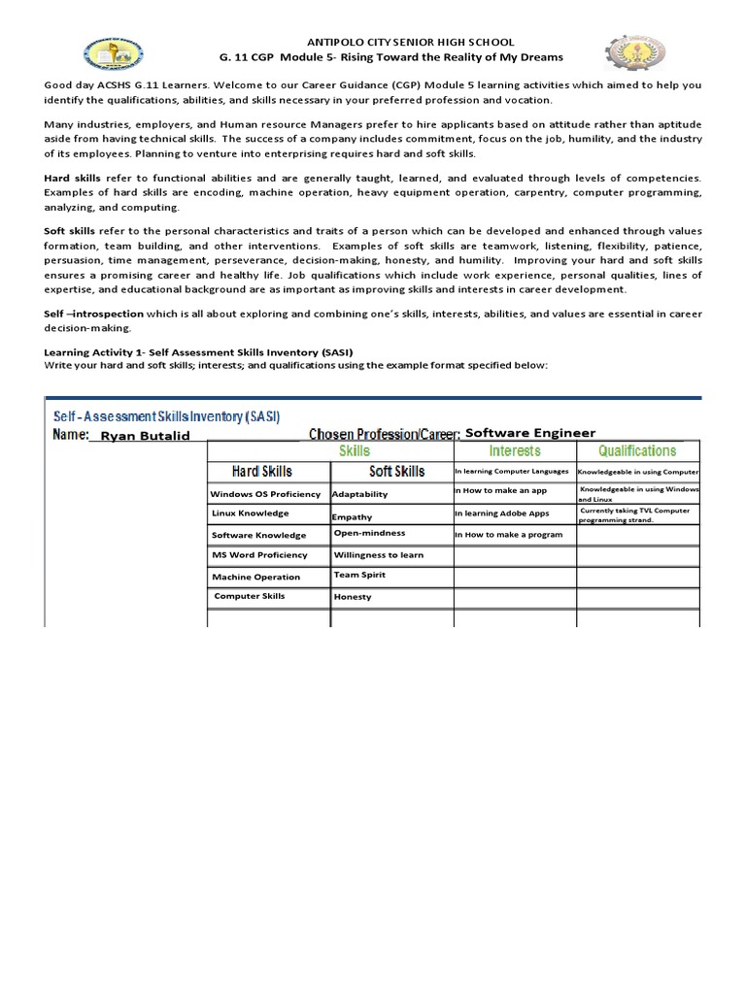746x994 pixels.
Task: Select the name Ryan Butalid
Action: coord(146,436)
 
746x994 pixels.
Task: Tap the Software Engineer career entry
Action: coord(530,433)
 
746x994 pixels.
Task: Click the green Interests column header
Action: coord(514,451)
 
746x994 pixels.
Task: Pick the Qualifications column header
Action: coord(637,451)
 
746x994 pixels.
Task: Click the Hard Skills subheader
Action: coord(261,472)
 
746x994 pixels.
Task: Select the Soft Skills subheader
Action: coord(396,472)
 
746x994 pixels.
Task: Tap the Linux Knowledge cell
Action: coord(250,514)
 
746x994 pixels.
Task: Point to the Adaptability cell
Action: coord(359,494)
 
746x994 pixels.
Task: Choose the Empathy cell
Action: coord(352,517)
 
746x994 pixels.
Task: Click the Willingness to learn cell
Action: coord(379,555)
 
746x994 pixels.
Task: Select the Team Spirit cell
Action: coord(359,575)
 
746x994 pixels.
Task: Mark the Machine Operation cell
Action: coord(256,577)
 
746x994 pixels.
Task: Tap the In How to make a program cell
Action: coord(508,535)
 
